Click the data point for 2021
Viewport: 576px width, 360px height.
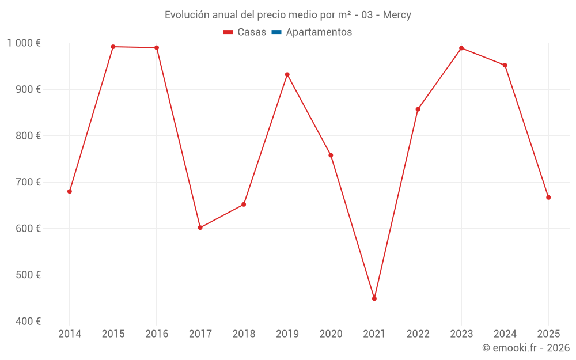point(374,298)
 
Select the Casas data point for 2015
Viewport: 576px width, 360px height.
point(113,47)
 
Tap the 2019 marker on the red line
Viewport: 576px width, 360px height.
point(287,74)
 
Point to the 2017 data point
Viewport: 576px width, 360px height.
point(200,228)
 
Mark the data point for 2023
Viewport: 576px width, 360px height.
point(461,48)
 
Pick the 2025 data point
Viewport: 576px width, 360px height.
point(548,198)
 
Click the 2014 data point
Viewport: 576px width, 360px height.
point(70,191)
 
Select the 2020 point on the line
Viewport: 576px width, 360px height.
point(331,155)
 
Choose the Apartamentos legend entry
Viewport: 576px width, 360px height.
point(319,32)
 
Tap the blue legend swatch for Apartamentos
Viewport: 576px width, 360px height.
point(276,32)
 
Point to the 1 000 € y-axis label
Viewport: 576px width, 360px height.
point(24,43)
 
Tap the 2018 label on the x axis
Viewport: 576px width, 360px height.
point(244,334)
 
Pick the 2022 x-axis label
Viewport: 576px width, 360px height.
point(418,334)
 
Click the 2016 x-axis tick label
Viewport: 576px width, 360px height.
point(157,334)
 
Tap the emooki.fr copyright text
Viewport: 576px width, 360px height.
point(526,348)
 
